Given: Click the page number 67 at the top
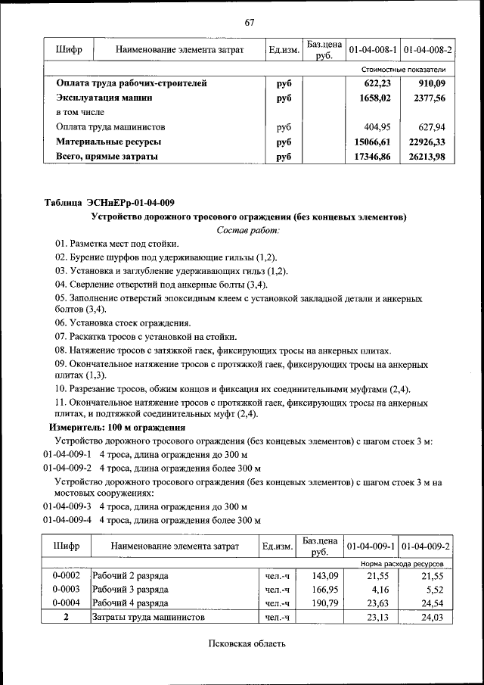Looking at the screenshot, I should (249, 21).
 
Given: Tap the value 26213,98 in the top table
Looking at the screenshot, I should (427, 156).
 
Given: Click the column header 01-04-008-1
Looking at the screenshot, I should (372, 50).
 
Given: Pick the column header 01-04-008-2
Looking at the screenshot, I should (427, 50).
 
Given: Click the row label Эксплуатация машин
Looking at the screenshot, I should (104, 98).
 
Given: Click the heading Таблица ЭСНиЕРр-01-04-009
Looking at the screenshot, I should (110, 202).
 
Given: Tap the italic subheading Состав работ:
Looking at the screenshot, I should (248, 229).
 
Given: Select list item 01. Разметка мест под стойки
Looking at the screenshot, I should (116, 244).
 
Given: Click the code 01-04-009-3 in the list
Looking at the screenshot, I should (67, 506).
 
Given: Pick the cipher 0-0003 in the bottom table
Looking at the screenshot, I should (66, 589).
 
